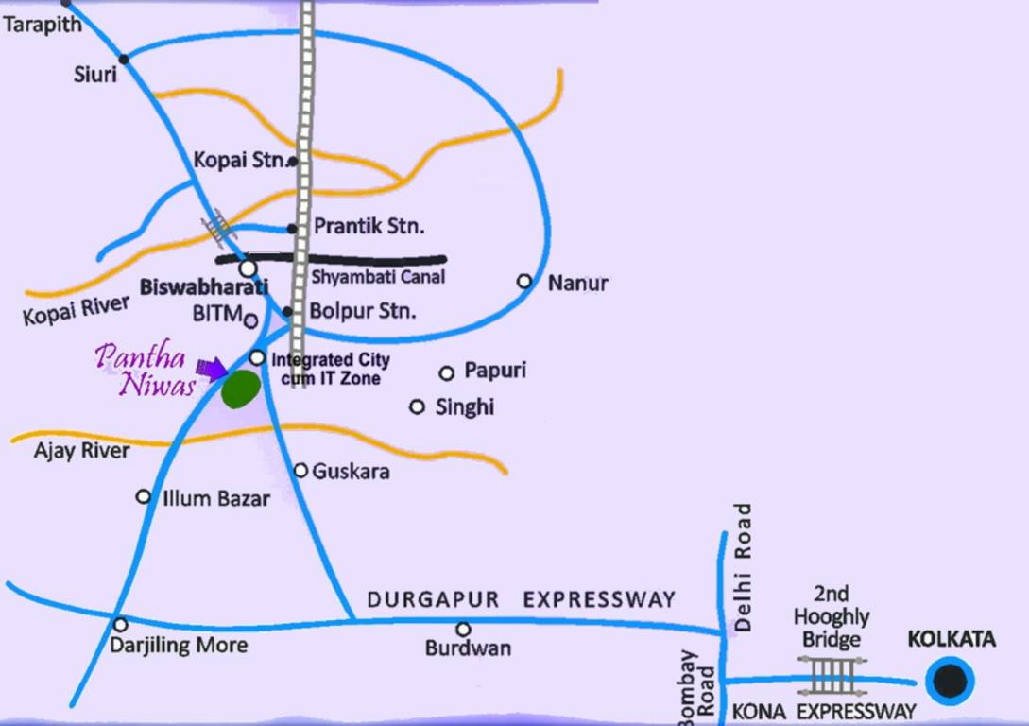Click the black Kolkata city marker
[x=950, y=681]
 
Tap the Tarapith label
[x=42, y=25]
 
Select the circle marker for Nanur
[x=524, y=281]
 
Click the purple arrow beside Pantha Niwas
[x=211, y=368]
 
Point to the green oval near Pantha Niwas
[x=241, y=389]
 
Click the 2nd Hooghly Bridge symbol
[x=833, y=677]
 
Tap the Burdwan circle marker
[x=463, y=630]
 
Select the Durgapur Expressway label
[x=521, y=599]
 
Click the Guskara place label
[x=351, y=471]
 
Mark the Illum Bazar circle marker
[x=144, y=496]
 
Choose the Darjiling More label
[x=179, y=646]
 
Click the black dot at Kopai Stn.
[x=293, y=162]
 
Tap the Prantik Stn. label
[x=369, y=227]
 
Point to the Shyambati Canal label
[x=378, y=278]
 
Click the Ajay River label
[x=82, y=451]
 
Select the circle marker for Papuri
[x=447, y=373]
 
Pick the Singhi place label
[x=465, y=407]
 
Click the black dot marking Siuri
[x=124, y=59]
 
